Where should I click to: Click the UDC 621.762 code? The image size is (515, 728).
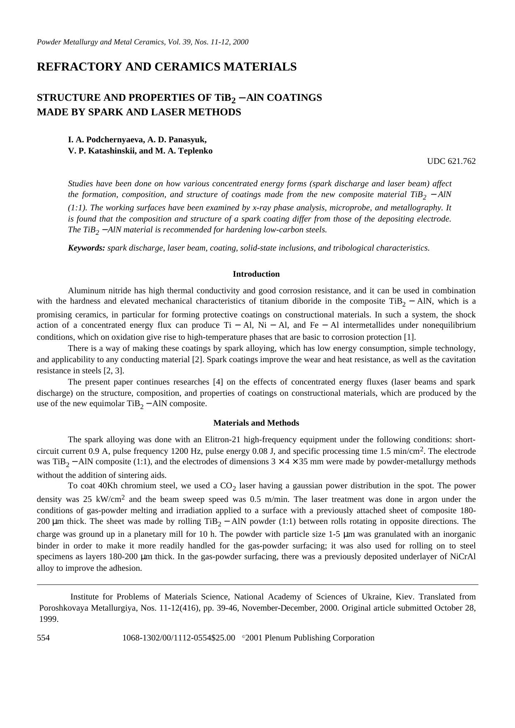(x=451, y=161)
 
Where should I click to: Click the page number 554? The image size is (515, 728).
(x=43, y=638)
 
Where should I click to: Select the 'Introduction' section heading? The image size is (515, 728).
(x=256, y=274)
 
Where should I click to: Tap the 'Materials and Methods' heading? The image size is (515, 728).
(x=256, y=423)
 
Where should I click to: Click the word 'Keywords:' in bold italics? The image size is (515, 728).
(x=86, y=248)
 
